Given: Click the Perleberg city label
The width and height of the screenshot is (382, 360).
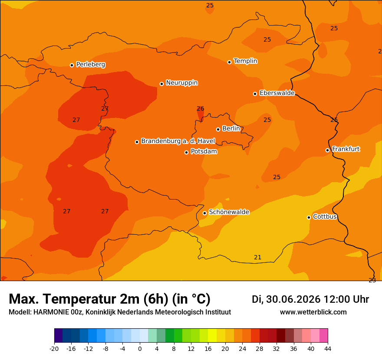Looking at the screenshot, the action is coord(91,65).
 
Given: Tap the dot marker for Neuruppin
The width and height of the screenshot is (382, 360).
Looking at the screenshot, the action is coord(161,84).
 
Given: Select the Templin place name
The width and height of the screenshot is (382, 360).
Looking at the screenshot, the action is coord(245,61).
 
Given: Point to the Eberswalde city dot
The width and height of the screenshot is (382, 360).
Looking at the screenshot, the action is coord(255,94).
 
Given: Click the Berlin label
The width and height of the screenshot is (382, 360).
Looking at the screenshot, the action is coord(231,128).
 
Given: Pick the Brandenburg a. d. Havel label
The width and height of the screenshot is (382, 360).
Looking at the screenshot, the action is coord(178,141).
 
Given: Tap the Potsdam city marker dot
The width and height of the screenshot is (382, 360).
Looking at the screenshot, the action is coord(186,152).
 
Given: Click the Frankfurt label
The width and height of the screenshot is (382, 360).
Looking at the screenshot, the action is coord(346,149).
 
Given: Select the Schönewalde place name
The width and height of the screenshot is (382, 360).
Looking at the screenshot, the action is coord(229,212).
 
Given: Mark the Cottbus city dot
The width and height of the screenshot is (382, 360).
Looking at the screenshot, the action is coord(309,217).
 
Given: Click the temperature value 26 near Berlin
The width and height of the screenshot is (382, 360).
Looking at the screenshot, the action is coord(200,108).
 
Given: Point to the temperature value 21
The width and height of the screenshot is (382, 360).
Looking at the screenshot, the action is coord(257,257).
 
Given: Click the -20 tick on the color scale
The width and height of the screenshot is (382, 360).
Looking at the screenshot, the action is coord(54,349).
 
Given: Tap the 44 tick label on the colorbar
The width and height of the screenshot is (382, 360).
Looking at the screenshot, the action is coord(328,349).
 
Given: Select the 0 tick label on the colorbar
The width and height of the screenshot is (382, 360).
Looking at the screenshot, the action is coord(140,349).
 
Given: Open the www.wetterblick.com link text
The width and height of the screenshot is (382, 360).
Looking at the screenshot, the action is coord(313,312).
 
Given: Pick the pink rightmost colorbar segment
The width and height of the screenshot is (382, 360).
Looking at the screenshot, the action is coord(323,335).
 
